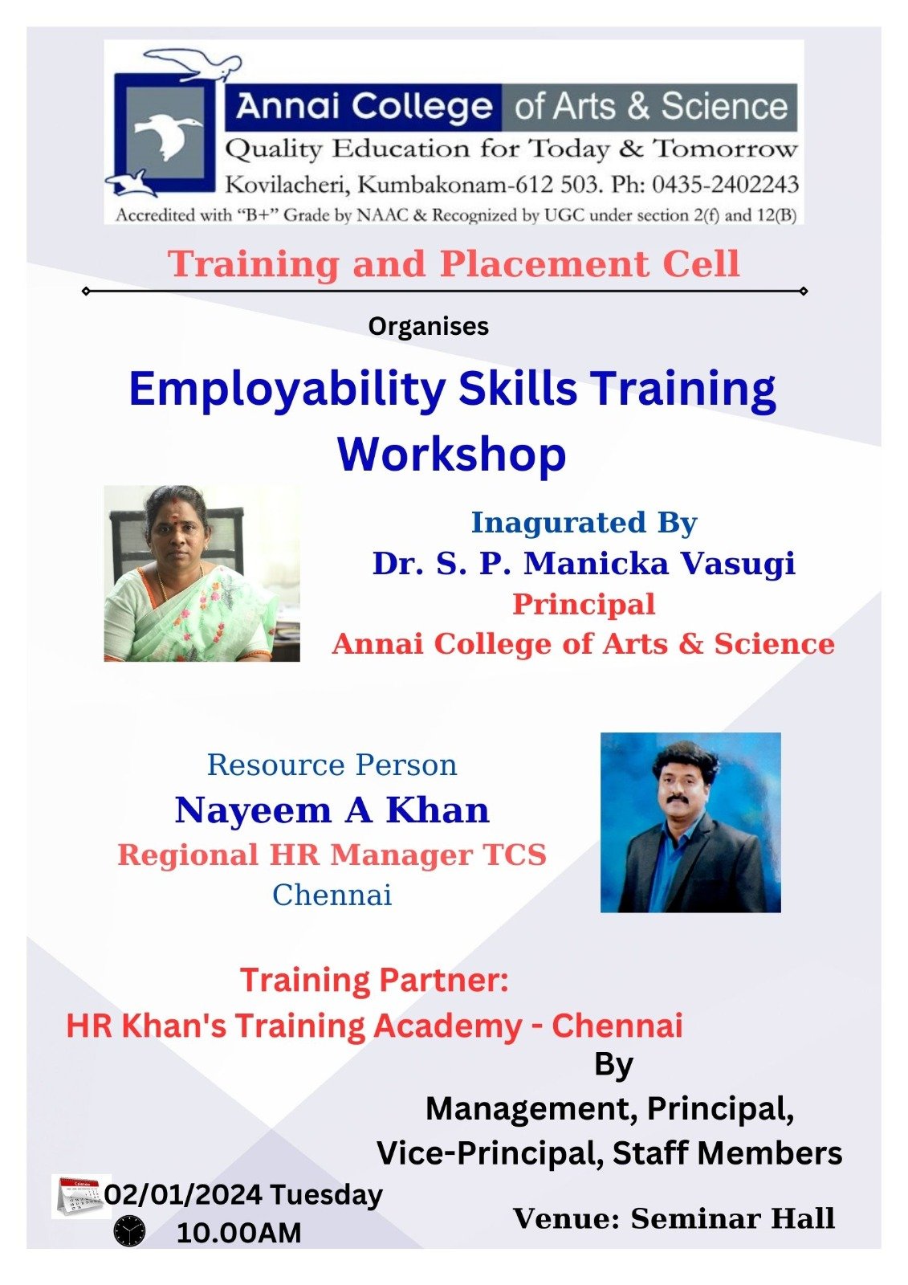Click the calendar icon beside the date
(x=79, y=1196)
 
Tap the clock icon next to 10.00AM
(x=129, y=1231)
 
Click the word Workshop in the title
(x=452, y=455)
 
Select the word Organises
(x=429, y=327)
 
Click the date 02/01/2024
(x=185, y=1194)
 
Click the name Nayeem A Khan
(x=332, y=810)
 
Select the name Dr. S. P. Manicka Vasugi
(x=584, y=563)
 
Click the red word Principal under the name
(x=584, y=604)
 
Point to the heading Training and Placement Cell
(x=454, y=263)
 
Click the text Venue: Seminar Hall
(x=674, y=1218)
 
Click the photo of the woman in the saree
(x=202, y=573)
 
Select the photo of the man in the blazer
(x=690, y=822)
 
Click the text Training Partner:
(x=374, y=980)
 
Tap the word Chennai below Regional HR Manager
(x=332, y=895)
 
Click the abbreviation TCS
(x=515, y=855)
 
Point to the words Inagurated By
(x=584, y=522)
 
